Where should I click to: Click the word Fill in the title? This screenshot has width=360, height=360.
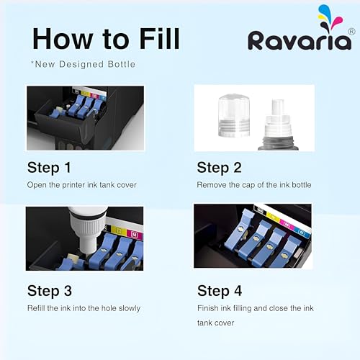159,39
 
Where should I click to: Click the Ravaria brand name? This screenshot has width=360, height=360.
300,40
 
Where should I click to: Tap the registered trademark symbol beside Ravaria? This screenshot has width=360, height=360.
351,32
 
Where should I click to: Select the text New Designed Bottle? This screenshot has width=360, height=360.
85,64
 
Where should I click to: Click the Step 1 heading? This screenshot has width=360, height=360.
49,168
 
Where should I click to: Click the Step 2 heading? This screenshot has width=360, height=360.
219,168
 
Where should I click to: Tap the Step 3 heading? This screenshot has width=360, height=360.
50,291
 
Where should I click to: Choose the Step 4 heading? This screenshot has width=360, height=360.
220,291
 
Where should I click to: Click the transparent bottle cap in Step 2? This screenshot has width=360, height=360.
234,116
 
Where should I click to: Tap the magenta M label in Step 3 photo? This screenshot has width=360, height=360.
135,235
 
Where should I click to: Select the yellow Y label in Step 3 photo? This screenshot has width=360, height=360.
119,230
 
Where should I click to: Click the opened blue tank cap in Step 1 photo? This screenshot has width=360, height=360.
57,112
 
